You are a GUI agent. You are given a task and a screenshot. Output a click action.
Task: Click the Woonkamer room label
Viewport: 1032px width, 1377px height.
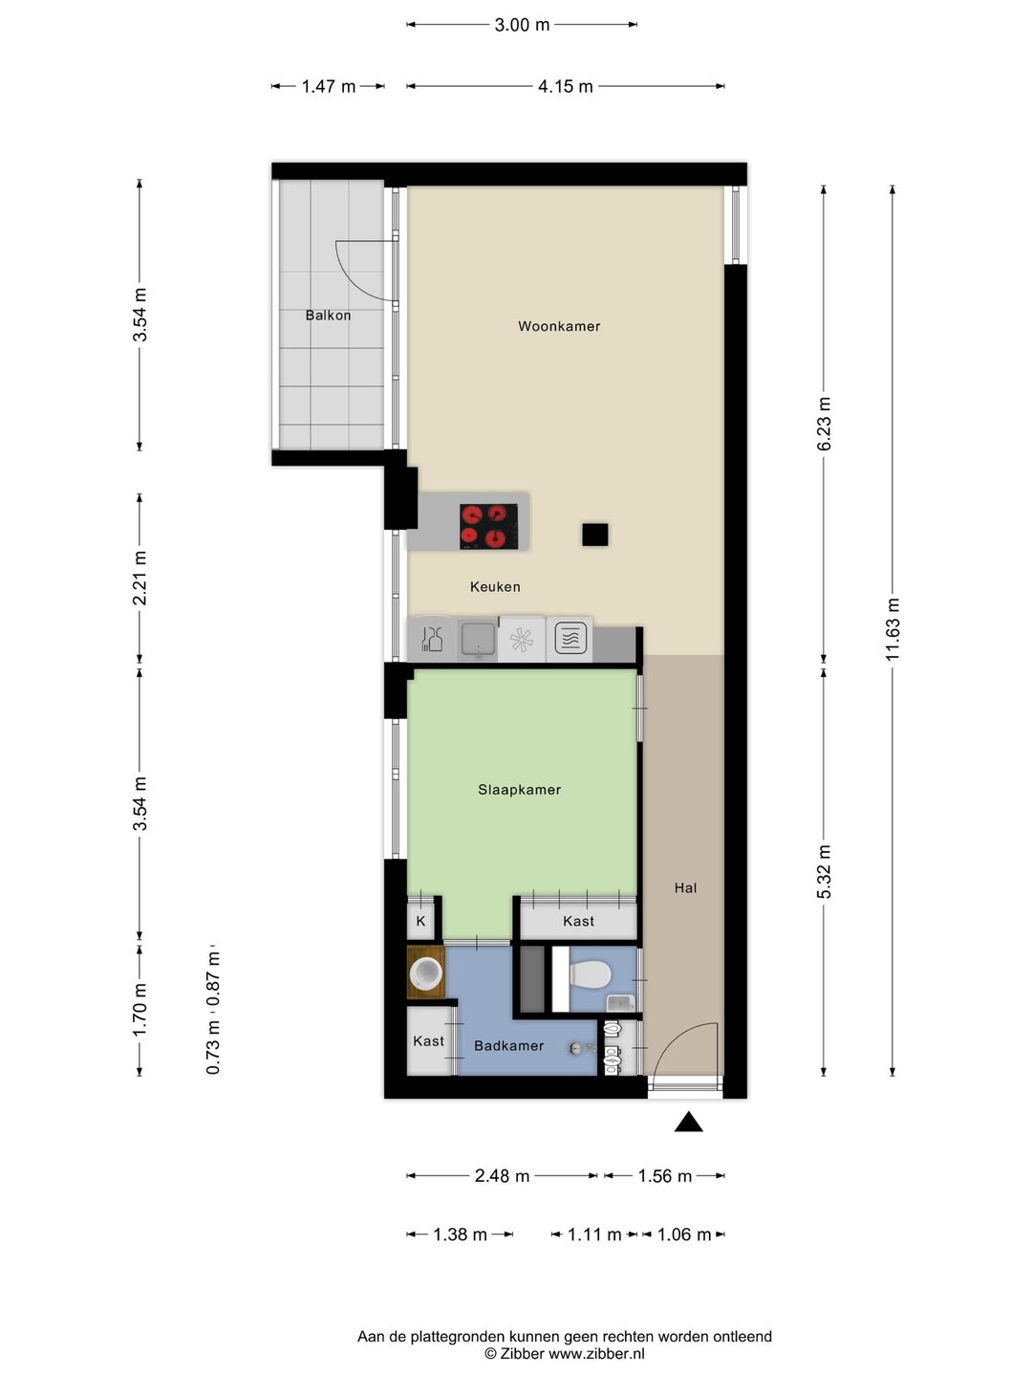point(559,326)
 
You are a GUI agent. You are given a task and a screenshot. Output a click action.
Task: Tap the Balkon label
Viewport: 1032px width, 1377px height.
point(328,315)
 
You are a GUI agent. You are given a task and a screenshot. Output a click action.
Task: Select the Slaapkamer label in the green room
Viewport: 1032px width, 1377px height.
point(520,790)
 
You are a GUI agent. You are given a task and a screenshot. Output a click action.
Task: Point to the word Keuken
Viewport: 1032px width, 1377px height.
point(495,586)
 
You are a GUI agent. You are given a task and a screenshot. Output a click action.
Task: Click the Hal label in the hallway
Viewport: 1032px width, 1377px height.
point(685,887)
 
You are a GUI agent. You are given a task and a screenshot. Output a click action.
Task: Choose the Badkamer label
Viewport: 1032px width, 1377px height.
point(508,1046)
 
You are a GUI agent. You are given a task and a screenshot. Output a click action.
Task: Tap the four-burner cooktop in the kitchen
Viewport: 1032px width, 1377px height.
point(488,526)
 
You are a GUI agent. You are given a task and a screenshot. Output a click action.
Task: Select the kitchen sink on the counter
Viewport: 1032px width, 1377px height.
point(478,640)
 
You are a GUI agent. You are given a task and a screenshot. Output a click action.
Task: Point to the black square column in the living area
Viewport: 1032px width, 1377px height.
point(594,535)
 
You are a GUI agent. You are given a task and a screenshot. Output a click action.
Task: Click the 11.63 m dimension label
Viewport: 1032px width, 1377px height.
point(892,629)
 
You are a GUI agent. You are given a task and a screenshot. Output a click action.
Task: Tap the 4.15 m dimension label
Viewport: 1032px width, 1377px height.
point(565,86)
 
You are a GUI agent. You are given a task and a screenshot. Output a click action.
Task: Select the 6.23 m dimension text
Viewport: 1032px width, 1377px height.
point(824,424)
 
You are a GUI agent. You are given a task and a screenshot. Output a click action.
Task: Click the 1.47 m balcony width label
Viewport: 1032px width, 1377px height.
point(329,86)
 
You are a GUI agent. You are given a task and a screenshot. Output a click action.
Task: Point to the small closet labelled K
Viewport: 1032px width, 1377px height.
point(421,920)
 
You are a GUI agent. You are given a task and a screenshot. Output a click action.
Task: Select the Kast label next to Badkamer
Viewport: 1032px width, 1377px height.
point(429,1040)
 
